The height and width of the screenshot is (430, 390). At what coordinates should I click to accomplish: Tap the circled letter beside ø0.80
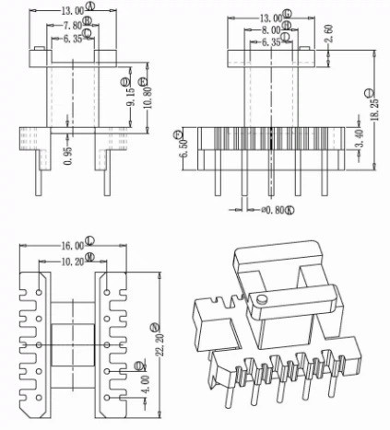[x=289, y=211]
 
